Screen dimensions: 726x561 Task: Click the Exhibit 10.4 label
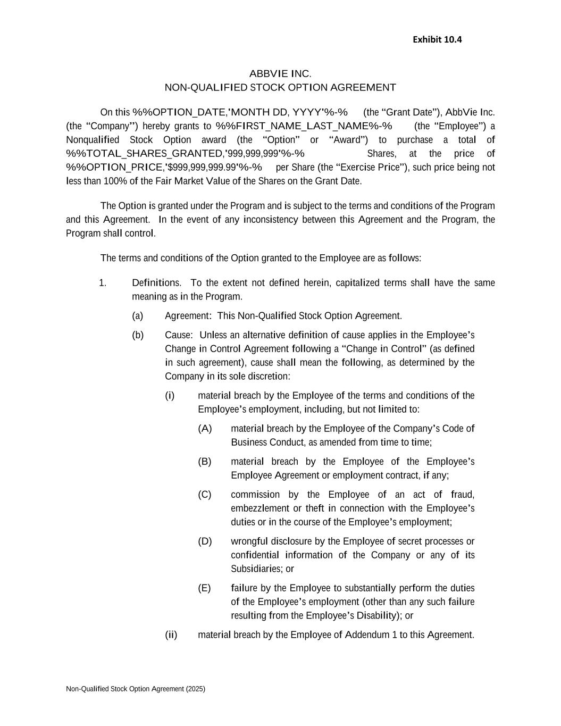click(437, 39)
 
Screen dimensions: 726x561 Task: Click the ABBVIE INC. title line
click(280, 73)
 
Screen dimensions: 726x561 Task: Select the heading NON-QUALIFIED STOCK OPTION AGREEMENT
click(280, 87)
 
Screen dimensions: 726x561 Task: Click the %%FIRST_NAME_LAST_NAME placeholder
click(304, 126)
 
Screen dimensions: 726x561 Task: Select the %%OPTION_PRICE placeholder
click(164, 168)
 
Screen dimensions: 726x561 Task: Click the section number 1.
click(103, 283)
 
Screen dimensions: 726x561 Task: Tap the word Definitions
click(156, 283)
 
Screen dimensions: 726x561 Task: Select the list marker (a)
click(138, 316)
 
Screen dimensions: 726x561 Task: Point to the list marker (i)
click(170, 396)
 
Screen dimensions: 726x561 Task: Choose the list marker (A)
click(205, 429)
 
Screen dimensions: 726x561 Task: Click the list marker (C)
click(205, 495)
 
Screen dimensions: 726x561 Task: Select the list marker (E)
click(204, 588)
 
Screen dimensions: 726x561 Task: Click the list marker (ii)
click(171, 635)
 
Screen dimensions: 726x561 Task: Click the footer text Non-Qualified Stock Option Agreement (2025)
click(136, 689)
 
